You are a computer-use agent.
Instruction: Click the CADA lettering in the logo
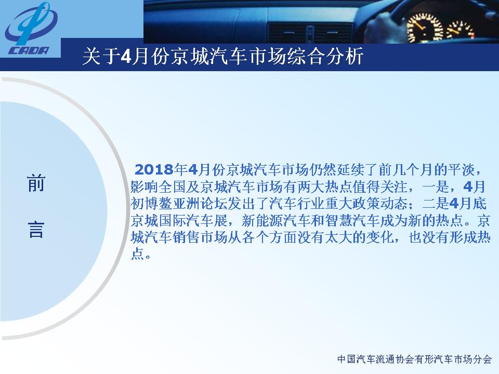(x=28, y=50)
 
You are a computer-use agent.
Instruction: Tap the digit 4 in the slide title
(x=125, y=57)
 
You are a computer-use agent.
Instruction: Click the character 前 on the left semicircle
(x=36, y=183)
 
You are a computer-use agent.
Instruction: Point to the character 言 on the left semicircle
(x=36, y=229)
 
